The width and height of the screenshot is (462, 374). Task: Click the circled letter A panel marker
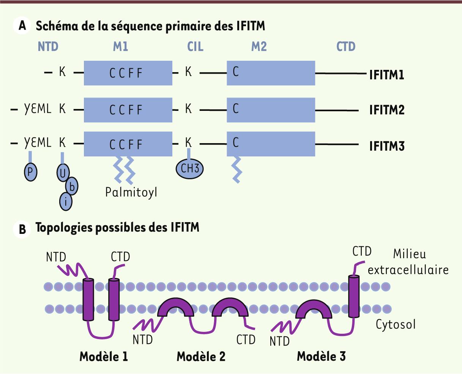(x=22, y=25)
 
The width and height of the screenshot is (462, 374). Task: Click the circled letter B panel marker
(x=22, y=229)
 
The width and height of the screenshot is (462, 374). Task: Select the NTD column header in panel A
(x=48, y=46)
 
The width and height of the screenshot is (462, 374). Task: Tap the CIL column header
(x=195, y=46)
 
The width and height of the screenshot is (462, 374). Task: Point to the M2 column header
(x=259, y=46)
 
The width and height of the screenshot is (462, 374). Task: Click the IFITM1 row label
(x=387, y=75)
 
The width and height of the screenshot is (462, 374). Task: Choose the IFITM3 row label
(x=387, y=146)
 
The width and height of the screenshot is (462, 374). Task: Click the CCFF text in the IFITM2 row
(x=126, y=110)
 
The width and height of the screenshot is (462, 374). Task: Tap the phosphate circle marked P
(x=31, y=172)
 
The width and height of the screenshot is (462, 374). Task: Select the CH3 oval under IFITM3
(x=189, y=169)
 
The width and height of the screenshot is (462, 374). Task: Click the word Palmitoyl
(x=131, y=192)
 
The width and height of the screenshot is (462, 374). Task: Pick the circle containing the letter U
(x=63, y=173)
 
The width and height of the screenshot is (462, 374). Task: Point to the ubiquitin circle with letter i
(x=66, y=202)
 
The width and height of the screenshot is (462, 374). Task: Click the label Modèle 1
(x=104, y=357)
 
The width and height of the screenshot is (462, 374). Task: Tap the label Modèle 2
(x=201, y=357)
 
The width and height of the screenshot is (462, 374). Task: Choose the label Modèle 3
(x=321, y=356)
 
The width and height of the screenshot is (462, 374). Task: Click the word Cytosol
(x=396, y=325)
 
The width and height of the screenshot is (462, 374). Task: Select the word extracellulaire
(x=408, y=270)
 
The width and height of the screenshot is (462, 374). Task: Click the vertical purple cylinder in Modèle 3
(x=354, y=296)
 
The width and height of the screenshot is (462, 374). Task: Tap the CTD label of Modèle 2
(x=246, y=339)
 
